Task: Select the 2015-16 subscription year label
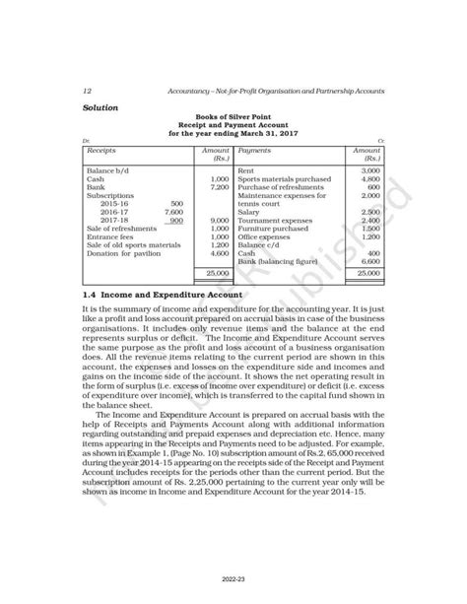[x=115, y=202]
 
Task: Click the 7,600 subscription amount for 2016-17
[x=173, y=211]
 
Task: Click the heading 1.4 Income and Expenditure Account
[x=163, y=294]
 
